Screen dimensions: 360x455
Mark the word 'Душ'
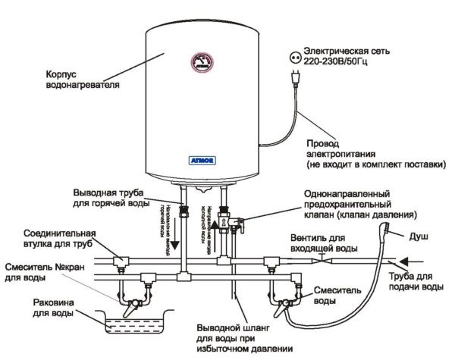pos(421,236)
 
